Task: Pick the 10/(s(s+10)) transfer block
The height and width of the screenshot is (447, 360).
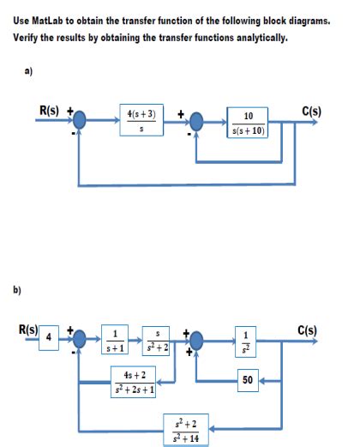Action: pyautogui.click(x=248, y=123)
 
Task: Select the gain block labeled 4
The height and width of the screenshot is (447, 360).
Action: pyautogui.click(x=50, y=336)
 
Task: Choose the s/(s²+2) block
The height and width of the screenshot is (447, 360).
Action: pyautogui.click(x=159, y=341)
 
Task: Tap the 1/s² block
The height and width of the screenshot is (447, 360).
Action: pyautogui.click(x=247, y=342)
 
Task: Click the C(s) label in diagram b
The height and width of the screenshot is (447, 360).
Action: pyautogui.click(x=306, y=328)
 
